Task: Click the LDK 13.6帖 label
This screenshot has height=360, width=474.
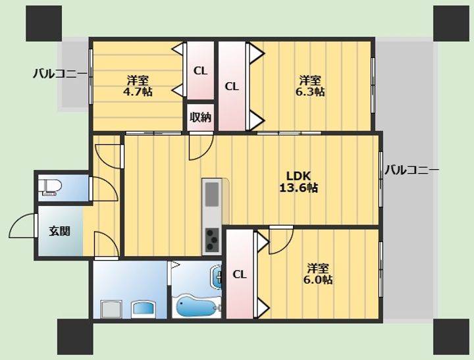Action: pos(298,182)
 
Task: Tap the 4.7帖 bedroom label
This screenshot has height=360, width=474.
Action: pos(138,86)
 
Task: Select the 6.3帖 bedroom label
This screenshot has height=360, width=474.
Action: pos(310,86)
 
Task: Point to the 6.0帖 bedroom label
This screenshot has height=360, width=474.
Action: pos(318,274)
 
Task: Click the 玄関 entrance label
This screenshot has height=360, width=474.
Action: pos(59,231)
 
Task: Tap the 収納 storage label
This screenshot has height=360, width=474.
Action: pos(200,117)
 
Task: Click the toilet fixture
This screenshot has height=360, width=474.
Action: pos(50,188)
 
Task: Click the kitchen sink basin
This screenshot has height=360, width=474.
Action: pos(212,195)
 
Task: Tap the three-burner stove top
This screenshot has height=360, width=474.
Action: pos(212,240)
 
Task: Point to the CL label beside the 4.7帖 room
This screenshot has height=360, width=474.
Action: pos(200,71)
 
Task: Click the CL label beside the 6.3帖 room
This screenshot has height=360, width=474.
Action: pos(232,87)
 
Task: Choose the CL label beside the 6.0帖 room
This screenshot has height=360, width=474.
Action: pos(240,274)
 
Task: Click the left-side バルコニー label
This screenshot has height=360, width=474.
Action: pos(60,74)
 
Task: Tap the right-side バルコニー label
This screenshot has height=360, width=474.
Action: pos(411,170)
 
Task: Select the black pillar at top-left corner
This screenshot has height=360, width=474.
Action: pos(44,23)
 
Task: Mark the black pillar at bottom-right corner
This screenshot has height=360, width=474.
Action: pos(452,337)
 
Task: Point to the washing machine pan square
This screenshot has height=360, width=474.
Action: pos(111,309)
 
